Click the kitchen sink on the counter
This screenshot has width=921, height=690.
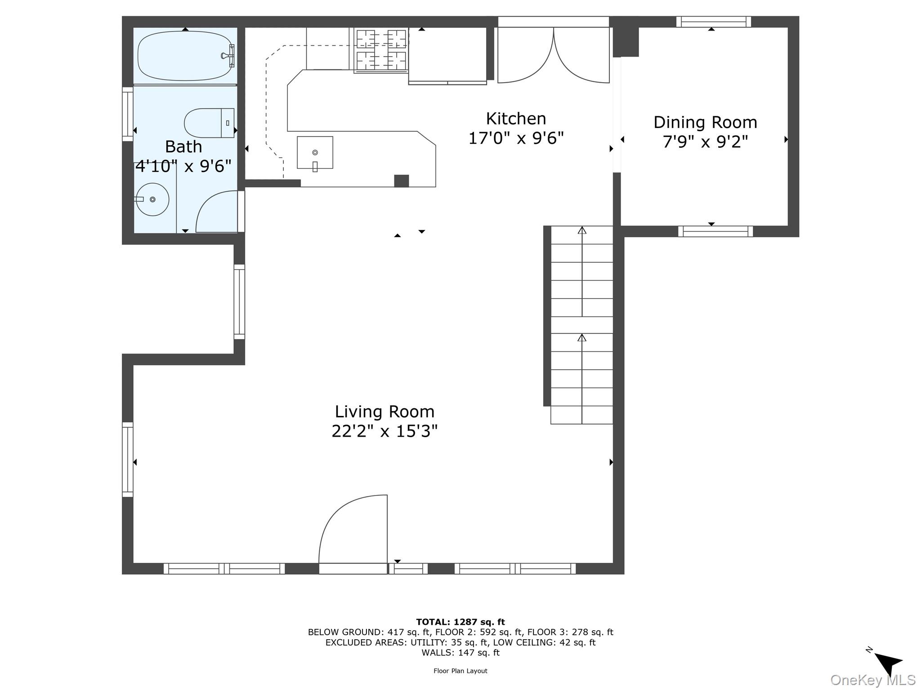[315, 153]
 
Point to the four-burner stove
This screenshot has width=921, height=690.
[381, 50]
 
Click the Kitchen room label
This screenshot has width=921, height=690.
[516, 119]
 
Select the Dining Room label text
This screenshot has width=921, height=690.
[705, 122]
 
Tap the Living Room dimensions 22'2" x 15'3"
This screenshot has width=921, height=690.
[384, 431]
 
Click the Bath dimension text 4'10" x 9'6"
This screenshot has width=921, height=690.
[183, 166]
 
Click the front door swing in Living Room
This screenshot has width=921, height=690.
[353, 530]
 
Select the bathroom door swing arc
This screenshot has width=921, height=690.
[217, 211]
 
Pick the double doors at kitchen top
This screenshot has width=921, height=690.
[553, 55]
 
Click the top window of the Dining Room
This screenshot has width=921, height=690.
[714, 22]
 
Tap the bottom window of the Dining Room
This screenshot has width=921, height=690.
[715, 231]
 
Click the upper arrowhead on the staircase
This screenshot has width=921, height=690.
[582, 230]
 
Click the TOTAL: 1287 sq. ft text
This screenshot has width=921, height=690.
[460, 622]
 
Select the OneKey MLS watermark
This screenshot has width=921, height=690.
[872, 680]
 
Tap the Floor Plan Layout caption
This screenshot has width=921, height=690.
[460, 671]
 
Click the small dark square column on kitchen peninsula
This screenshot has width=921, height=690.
[401, 181]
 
